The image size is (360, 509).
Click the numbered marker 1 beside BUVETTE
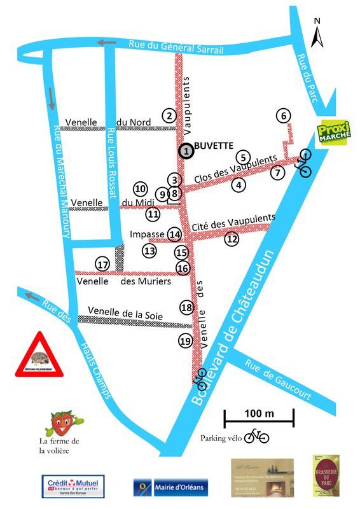click(186, 151)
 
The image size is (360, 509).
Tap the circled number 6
click(284, 116)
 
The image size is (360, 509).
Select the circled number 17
click(102, 264)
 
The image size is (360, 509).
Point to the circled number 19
click(184, 341)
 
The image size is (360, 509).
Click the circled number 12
click(232, 239)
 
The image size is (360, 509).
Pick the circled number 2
click(169, 116)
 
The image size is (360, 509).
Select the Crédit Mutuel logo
click(73, 487)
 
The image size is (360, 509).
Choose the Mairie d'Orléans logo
click(170, 488)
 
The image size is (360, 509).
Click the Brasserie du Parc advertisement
click(326, 475)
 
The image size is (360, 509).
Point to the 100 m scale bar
click(258, 418)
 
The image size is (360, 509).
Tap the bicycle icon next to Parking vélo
click(257, 436)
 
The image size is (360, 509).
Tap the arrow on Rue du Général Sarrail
click(107, 43)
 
